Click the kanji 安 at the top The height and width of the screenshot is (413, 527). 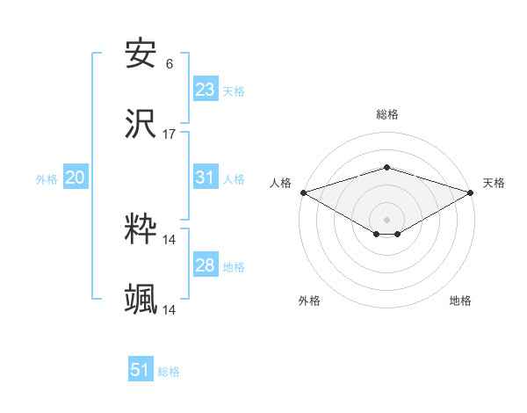click(141, 54)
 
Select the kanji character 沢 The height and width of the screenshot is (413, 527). click(141, 125)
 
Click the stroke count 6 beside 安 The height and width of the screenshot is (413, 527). click(170, 64)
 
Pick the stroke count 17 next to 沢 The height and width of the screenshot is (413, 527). click(170, 134)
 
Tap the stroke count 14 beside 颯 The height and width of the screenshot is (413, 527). click(170, 310)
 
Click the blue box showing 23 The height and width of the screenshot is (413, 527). click(205, 90)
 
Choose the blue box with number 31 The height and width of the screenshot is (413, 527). click(205, 178)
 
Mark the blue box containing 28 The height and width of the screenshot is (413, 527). click(205, 265)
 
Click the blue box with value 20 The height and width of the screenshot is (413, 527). click(75, 178)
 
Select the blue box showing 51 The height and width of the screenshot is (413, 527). click(141, 370)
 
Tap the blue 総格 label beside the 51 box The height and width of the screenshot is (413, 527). click(169, 372)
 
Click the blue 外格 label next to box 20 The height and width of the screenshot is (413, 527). click(47, 179)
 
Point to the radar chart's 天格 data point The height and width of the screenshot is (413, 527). click(473, 192)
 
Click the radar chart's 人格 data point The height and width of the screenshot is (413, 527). click(303, 192)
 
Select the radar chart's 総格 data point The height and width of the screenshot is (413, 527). click(386, 167)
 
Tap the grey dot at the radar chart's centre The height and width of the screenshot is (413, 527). click(386, 219)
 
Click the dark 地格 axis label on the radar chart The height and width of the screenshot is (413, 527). click(460, 301)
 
